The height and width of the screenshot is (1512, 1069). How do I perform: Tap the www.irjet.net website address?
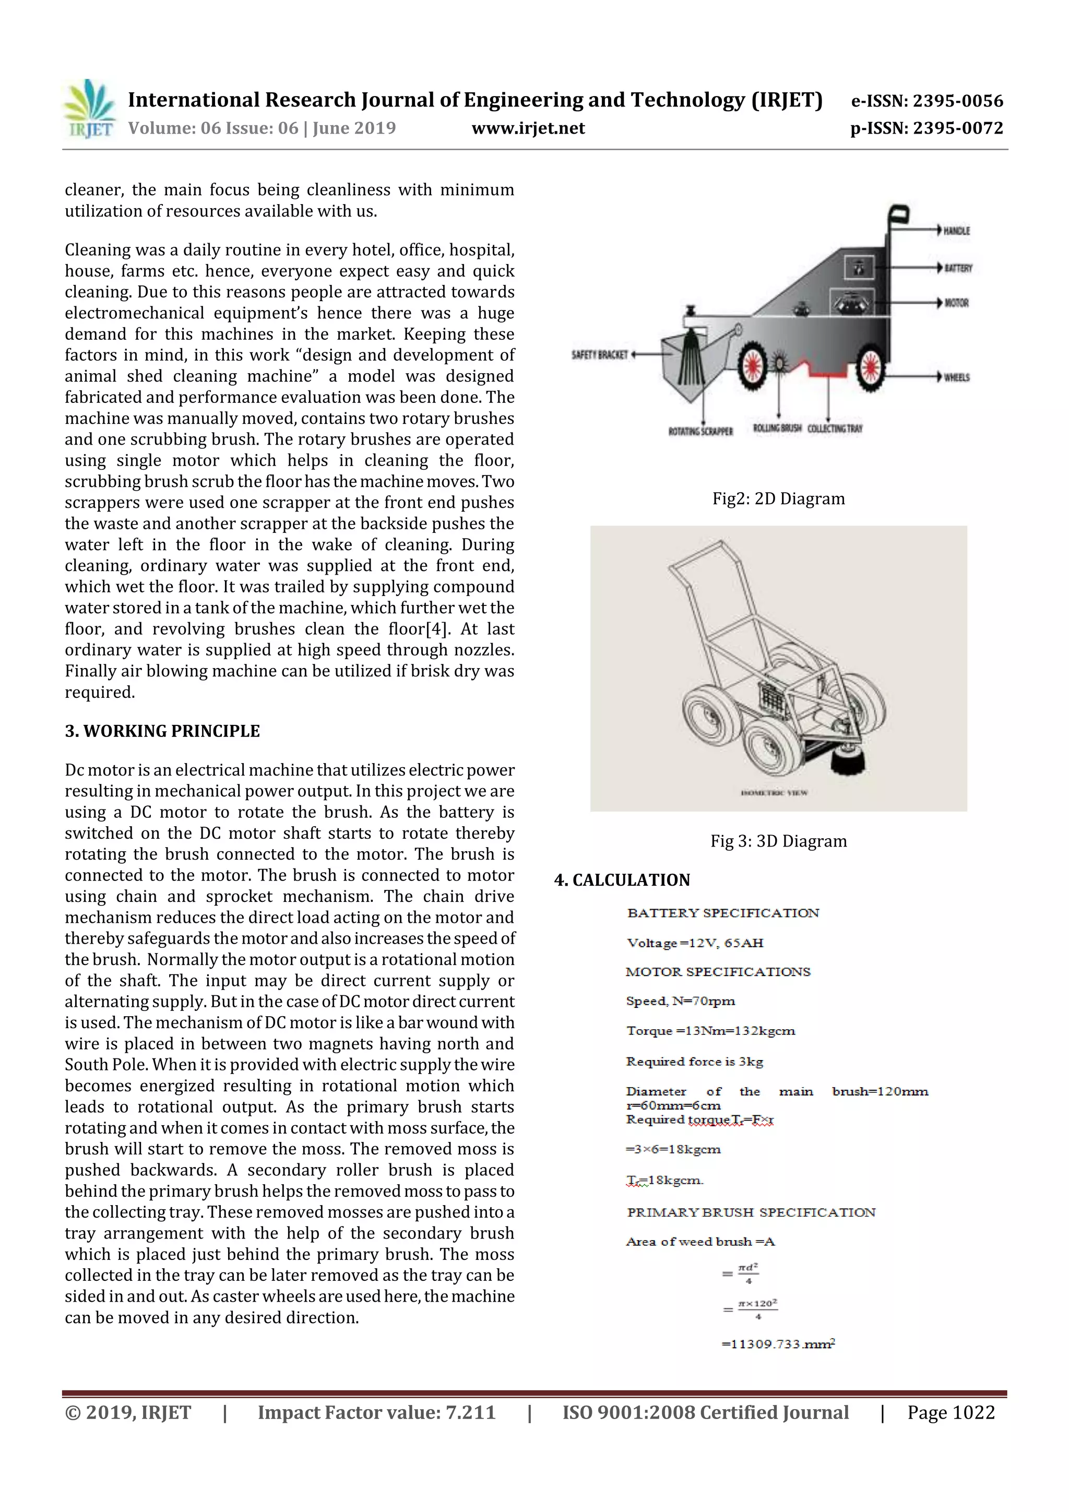click(x=528, y=128)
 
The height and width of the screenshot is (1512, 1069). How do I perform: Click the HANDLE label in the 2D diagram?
click(x=956, y=231)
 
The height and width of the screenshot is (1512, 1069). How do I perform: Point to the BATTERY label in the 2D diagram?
click(x=958, y=268)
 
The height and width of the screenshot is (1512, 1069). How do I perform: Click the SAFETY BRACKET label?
click(x=599, y=355)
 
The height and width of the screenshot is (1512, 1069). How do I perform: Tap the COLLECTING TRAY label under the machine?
click(x=835, y=428)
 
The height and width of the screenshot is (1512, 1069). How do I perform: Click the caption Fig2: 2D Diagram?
click(x=778, y=498)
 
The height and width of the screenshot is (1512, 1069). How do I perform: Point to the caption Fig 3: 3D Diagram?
click(x=778, y=841)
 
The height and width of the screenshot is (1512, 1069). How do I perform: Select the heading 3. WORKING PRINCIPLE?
click(x=162, y=731)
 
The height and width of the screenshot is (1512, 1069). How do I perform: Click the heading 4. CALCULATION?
click(x=622, y=880)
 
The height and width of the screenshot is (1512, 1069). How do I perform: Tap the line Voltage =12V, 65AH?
click(x=695, y=943)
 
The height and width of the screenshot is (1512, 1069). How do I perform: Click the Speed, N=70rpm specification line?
click(x=681, y=1001)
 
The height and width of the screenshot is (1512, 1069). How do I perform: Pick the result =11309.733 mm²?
click(x=778, y=1344)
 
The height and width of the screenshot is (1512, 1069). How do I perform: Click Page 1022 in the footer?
click(x=951, y=1412)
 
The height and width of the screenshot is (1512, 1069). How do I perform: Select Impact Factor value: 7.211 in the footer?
click(x=376, y=1412)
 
